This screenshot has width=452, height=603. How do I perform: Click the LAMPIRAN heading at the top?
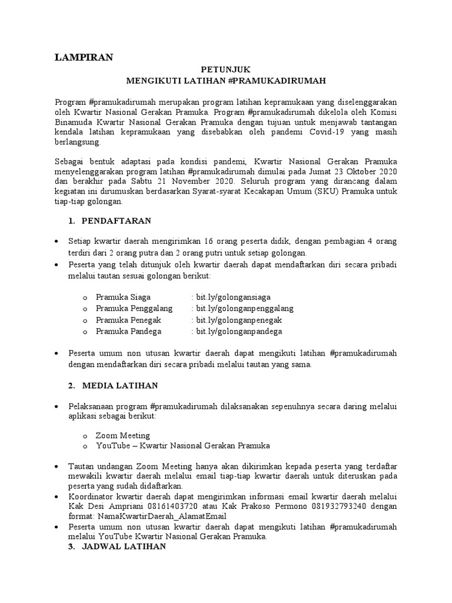(x=84, y=57)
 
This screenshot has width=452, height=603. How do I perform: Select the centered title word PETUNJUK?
(x=226, y=69)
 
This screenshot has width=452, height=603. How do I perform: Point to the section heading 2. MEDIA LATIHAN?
(x=113, y=385)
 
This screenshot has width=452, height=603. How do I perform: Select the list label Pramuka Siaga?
(x=124, y=297)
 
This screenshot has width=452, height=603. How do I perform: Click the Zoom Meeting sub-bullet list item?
(x=123, y=435)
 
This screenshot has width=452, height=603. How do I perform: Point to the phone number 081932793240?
(x=287, y=506)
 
